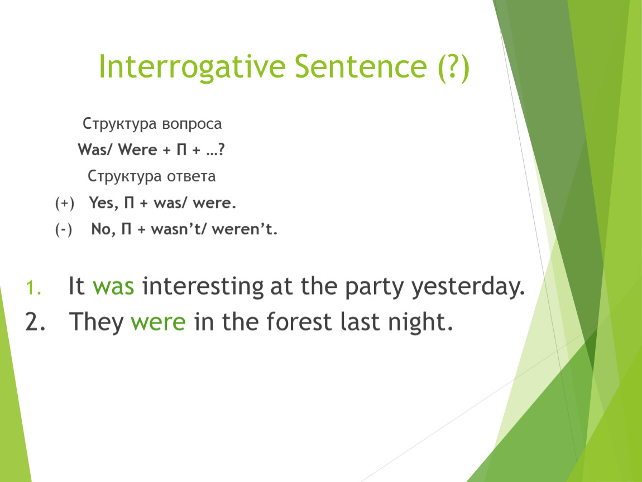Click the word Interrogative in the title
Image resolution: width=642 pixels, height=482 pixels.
pos(192,67)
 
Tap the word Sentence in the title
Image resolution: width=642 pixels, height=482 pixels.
pos(361,66)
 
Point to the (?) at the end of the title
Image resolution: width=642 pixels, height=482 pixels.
pos(453,68)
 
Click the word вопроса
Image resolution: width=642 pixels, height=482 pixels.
pos(191,124)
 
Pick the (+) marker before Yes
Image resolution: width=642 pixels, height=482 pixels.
pos(65,204)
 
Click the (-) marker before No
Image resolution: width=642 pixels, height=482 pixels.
pos(64,229)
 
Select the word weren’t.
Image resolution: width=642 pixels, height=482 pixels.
pos(245,229)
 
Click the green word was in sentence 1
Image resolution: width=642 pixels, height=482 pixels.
pos(113,286)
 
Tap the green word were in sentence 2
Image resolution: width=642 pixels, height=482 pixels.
pos(158,321)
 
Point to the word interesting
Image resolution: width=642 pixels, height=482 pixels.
pos(203,286)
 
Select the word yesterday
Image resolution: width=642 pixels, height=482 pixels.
pos(468,287)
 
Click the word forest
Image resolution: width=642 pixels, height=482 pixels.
pos(299,321)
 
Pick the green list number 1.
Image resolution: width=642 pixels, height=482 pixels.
pos(33,288)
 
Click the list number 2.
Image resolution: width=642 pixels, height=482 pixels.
pos(35,321)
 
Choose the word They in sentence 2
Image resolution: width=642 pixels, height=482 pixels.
pos(96,321)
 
